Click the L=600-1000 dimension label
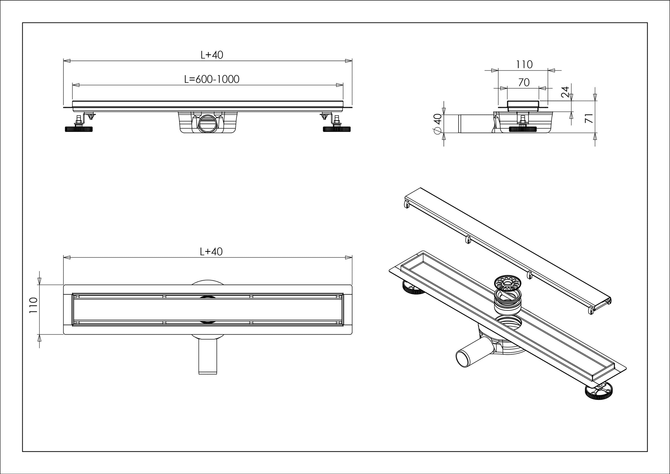point(211,79)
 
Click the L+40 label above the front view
point(212,55)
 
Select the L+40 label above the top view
point(211,251)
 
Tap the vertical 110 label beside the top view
point(33,305)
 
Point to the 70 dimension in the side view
point(524,83)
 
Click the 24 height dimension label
point(565,92)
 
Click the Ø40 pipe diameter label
point(438,124)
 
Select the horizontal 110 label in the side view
point(524,64)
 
